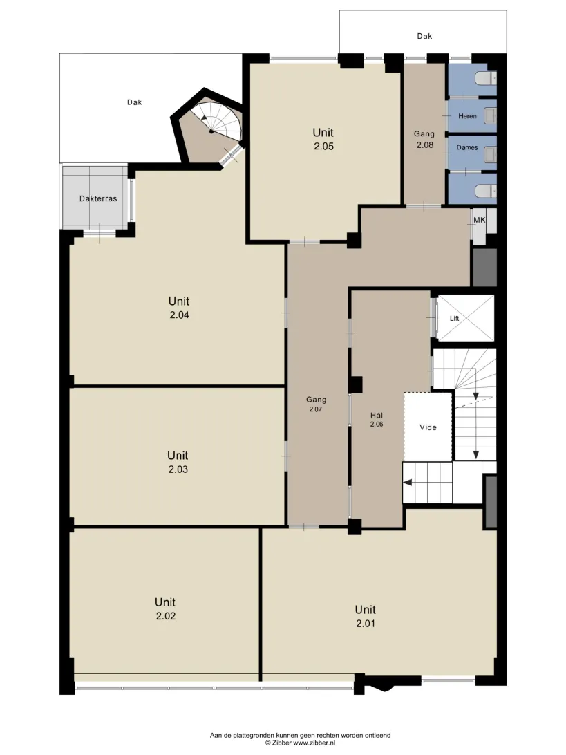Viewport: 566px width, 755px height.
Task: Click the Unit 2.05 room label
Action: [x=323, y=139]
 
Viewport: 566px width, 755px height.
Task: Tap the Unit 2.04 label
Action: [x=179, y=308]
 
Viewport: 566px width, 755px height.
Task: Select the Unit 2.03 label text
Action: [x=178, y=463]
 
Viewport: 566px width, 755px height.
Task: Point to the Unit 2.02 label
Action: [x=165, y=608]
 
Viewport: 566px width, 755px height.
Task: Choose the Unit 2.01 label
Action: [x=366, y=616]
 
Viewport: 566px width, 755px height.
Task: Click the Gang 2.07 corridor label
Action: [x=317, y=404]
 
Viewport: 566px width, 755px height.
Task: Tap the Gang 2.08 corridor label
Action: [x=424, y=139]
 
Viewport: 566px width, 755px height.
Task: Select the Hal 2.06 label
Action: [x=377, y=420]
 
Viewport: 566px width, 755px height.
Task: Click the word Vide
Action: [x=428, y=427]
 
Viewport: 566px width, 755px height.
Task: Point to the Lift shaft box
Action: [x=466, y=318]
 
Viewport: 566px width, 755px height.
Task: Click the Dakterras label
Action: [x=98, y=198]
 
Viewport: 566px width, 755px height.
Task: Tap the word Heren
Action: [x=467, y=116]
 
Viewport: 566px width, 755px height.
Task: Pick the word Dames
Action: [x=467, y=147]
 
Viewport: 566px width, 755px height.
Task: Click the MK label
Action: [x=480, y=220]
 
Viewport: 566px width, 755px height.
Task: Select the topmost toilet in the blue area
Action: [x=485, y=78]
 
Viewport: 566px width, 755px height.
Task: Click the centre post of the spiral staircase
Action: [x=211, y=131]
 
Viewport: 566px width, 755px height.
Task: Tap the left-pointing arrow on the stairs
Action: [x=408, y=483]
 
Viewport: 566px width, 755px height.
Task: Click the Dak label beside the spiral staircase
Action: [x=134, y=102]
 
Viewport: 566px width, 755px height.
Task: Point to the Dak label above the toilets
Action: [x=424, y=36]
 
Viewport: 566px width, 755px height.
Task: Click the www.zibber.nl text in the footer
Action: [x=314, y=743]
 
